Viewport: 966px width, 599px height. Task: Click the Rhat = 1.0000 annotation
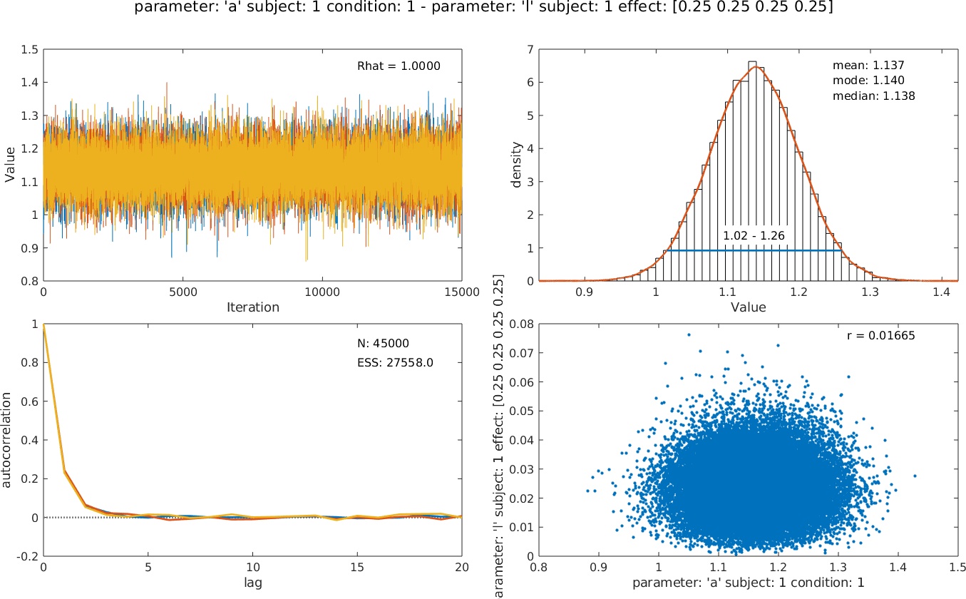pos(399,66)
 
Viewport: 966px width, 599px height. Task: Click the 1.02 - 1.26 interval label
pos(753,235)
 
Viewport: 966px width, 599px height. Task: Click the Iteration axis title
pos(252,307)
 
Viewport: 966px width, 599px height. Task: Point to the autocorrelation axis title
pos(7,439)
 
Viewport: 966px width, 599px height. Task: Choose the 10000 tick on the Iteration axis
pos(322,292)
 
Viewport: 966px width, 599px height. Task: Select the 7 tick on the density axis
pos(528,50)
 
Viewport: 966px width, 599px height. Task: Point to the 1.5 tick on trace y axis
pos(29,50)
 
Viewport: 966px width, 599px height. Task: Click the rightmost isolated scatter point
pos(915,476)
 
